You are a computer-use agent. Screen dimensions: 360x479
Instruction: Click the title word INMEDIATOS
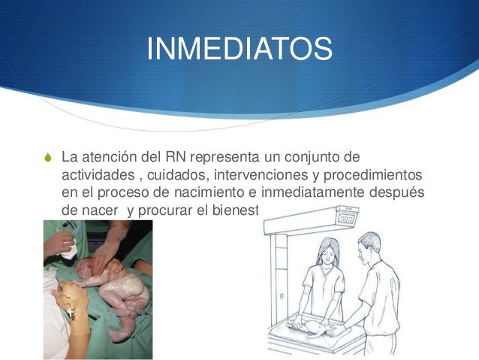pos(239,50)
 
